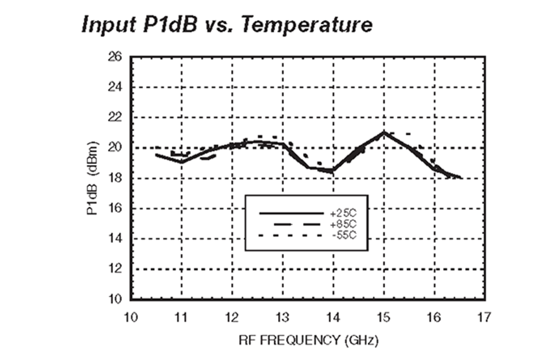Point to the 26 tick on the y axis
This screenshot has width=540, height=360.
point(117,57)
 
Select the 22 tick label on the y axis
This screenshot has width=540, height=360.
point(117,117)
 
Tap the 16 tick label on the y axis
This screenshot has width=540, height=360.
point(117,208)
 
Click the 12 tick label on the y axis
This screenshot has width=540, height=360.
point(117,269)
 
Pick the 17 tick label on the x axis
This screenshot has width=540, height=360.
point(485,316)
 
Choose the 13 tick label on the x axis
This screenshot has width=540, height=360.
point(283,316)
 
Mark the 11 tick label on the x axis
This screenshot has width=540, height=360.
point(181,316)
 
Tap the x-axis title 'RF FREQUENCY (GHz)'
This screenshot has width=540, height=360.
point(308,341)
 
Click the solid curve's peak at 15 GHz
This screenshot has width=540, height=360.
point(384,132)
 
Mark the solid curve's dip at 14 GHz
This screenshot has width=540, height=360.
point(333,171)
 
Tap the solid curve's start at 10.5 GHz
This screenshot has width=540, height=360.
point(157,155)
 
